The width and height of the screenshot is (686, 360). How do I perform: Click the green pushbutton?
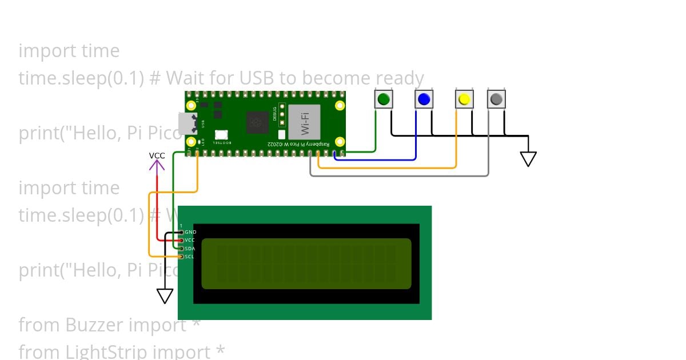(384, 99)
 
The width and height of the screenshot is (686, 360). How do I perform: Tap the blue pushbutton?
(424, 99)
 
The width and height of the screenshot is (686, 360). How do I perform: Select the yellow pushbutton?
(464, 99)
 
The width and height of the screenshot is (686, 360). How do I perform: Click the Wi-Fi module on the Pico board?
(304, 122)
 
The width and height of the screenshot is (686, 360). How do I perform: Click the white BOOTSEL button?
(221, 134)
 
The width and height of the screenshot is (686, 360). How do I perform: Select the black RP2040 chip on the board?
(257, 122)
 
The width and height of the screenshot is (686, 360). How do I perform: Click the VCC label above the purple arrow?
(157, 155)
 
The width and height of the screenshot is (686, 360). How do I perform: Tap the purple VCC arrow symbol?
(157, 165)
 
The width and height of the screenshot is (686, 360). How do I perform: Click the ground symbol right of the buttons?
(528, 158)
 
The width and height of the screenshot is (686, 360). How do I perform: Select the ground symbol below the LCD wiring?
(165, 295)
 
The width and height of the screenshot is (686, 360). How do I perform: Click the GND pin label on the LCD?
(190, 232)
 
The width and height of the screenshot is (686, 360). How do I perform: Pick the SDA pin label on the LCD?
(190, 249)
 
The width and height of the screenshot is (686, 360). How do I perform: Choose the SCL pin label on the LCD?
(190, 257)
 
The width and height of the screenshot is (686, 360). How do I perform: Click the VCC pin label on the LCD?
(190, 240)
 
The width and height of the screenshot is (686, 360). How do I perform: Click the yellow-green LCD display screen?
(306, 263)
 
